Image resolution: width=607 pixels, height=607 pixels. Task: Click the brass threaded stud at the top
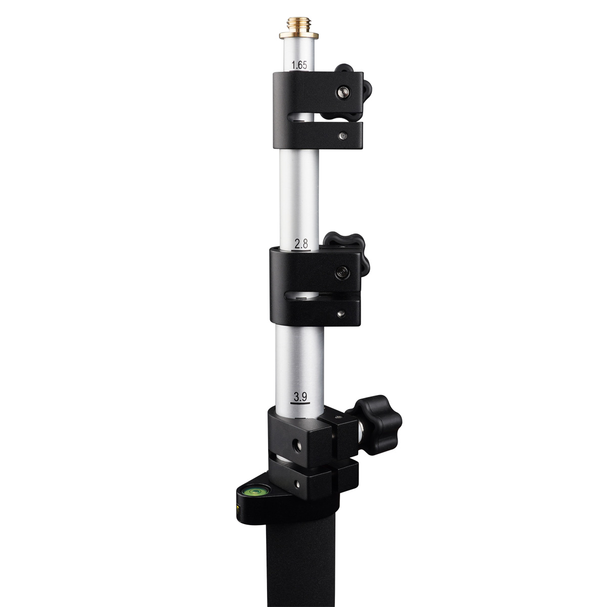coord(298,25)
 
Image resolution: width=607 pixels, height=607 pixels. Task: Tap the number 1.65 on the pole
coord(299,65)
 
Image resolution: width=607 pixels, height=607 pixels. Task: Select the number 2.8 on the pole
coord(301,244)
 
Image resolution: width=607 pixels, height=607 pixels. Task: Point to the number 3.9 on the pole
coord(300,397)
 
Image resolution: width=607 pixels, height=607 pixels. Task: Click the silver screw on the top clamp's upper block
coord(343,92)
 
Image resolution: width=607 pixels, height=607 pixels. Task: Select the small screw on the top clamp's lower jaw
coord(343,136)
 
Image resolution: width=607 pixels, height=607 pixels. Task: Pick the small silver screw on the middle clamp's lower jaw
coord(340,314)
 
